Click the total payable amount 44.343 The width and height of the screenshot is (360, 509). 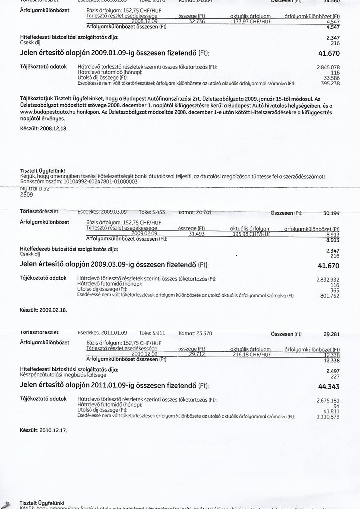329,386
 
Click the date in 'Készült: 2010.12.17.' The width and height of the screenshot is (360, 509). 53,429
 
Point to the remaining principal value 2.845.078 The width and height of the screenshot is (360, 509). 328,67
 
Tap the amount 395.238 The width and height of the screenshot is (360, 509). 330,83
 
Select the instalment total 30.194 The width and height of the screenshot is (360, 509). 331,213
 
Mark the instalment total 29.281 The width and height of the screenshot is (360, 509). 331,334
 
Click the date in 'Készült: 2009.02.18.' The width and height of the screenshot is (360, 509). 53,309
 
